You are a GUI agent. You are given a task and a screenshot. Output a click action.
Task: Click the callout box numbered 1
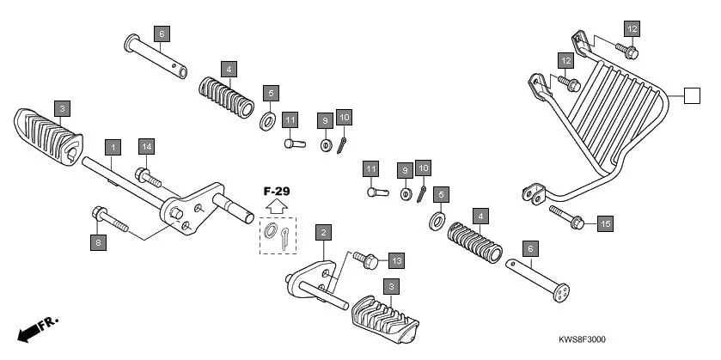coord(112,147)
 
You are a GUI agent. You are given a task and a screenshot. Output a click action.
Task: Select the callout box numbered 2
coord(323,233)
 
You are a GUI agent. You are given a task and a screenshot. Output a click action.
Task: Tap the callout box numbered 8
coord(98,243)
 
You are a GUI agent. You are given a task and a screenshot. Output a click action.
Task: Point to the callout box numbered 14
coord(146,147)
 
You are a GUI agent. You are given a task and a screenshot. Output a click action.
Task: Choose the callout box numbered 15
coord(604,223)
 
